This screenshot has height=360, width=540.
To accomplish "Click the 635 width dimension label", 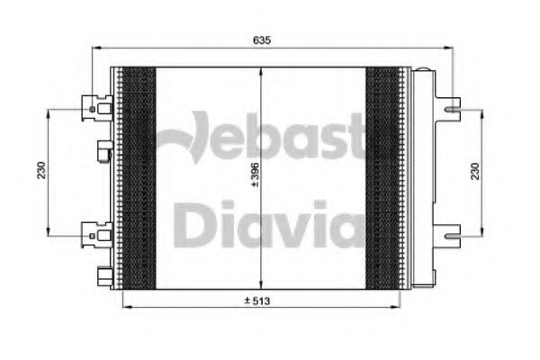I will click(263, 40).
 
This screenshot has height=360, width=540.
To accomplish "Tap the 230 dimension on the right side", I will click(487, 171).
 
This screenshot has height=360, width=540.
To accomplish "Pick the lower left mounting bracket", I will click(94, 234).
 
